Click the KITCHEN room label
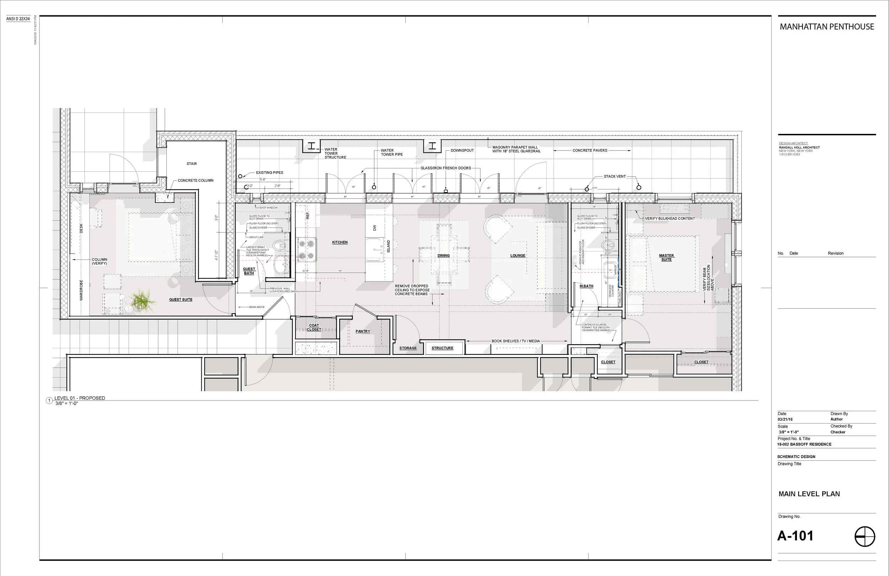(x=340, y=242)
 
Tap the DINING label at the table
(x=443, y=256)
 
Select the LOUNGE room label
(x=518, y=256)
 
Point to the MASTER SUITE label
(x=666, y=257)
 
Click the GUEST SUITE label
(x=180, y=299)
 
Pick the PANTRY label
(x=363, y=331)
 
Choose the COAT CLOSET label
(x=314, y=327)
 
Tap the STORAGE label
(x=408, y=348)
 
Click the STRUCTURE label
(x=442, y=348)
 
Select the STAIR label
(x=192, y=163)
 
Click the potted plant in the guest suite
(x=142, y=300)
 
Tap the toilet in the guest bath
(x=280, y=246)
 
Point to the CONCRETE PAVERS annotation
(x=590, y=150)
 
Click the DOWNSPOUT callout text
(x=462, y=150)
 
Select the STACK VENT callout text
(x=614, y=176)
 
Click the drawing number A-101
(x=795, y=536)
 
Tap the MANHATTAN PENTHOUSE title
(x=827, y=27)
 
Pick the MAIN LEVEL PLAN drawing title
(x=809, y=494)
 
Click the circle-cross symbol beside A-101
(x=865, y=536)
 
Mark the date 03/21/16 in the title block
(x=785, y=419)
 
